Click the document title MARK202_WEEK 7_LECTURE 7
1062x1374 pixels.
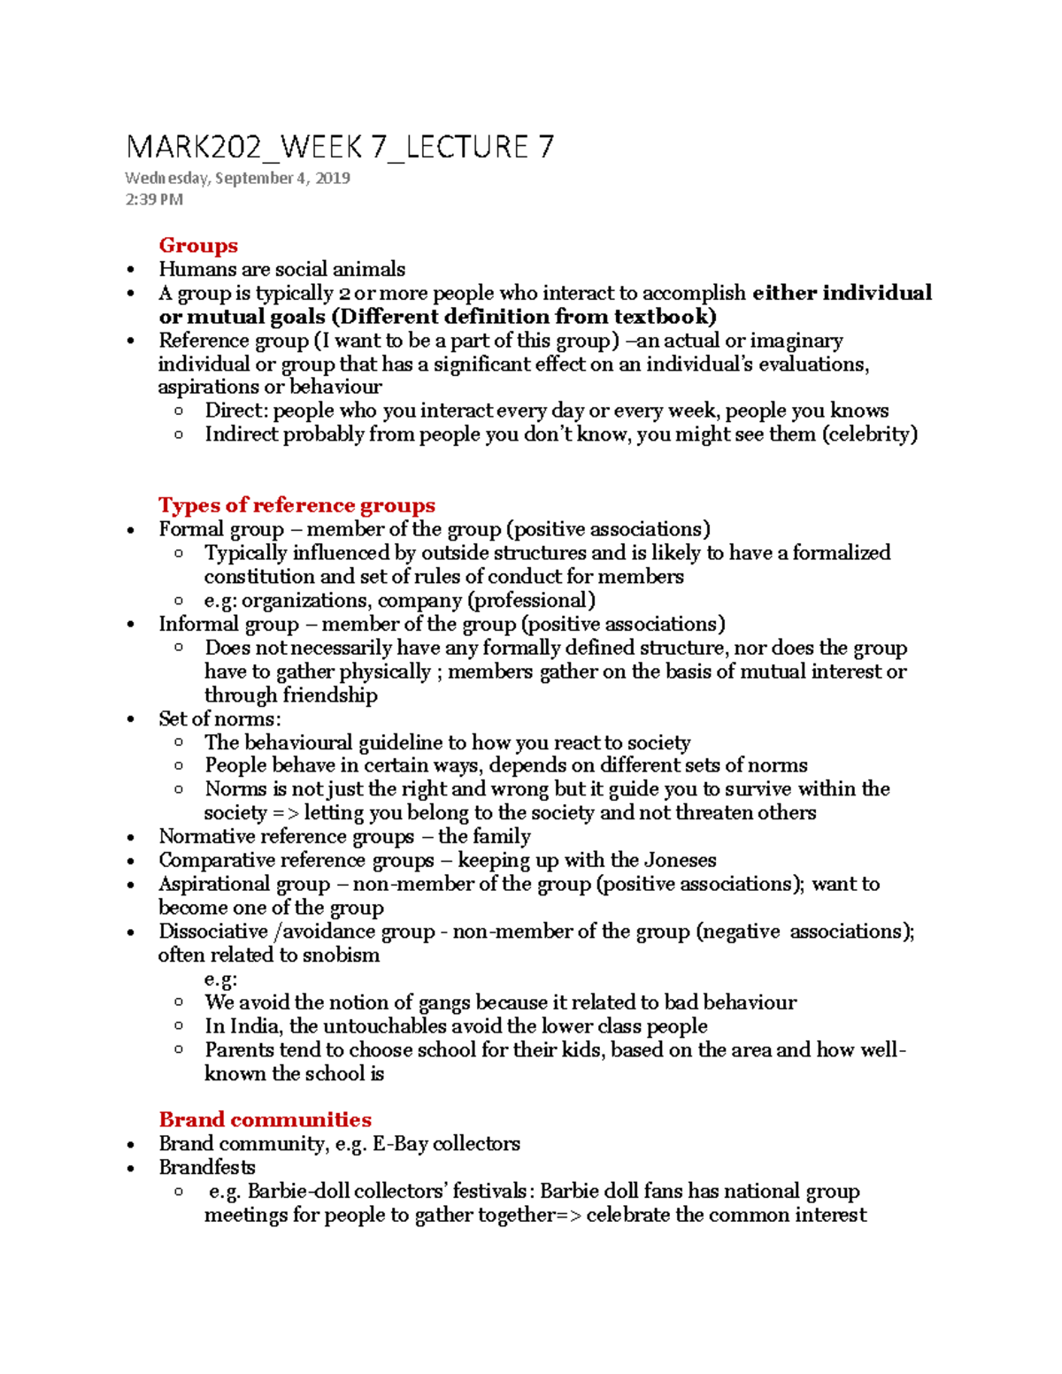[340, 147]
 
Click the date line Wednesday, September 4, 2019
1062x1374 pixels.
[237, 178]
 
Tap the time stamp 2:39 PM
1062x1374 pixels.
[154, 199]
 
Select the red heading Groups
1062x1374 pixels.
[198, 245]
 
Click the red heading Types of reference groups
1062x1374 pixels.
[296, 505]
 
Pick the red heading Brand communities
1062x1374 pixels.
[265, 1119]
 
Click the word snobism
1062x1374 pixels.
[341, 956]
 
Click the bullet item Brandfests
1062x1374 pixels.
[207, 1168]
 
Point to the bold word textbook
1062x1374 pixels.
[664, 317]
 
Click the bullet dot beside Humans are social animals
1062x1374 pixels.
[131, 270]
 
